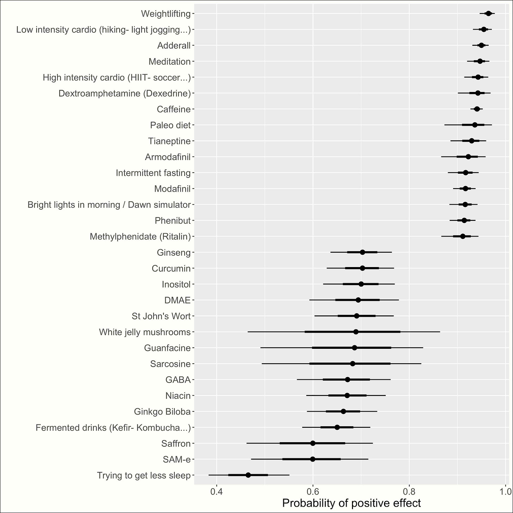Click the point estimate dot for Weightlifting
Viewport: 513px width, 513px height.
point(488,13)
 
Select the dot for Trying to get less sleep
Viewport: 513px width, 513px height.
point(248,475)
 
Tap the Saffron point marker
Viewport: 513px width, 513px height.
point(313,443)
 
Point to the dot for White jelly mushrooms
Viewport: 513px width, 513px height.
point(356,332)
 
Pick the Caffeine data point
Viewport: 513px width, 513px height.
point(477,109)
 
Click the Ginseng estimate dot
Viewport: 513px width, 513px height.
point(363,252)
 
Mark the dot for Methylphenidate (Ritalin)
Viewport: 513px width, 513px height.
point(463,236)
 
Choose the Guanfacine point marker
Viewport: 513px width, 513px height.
point(354,348)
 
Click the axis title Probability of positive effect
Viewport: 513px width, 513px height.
point(351,503)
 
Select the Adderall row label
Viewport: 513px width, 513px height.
point(174,46)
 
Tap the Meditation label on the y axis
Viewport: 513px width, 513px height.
point(169,62)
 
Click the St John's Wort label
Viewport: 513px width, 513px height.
point(161,316)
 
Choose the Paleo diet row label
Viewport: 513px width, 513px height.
point(170,125)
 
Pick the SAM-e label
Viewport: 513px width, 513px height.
point(177,459)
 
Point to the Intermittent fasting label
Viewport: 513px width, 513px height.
point(153,173)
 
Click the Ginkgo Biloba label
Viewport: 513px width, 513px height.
point(162,412)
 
